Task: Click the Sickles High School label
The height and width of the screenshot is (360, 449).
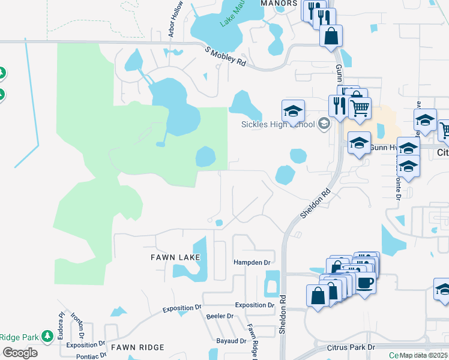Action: (278, 124)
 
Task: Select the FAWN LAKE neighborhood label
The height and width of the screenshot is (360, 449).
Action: (174, 257)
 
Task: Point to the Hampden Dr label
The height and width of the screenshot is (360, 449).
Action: (252, 262)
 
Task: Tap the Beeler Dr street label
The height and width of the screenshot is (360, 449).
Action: (219, 316)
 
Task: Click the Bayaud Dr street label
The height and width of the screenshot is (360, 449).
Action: (231, 341)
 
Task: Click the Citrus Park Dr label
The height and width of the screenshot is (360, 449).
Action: (351, 347)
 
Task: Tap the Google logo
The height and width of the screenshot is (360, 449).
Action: (20, 353)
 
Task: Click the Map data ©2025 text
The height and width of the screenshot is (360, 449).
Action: (424, 355)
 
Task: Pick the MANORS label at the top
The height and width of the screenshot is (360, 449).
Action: (279, 3)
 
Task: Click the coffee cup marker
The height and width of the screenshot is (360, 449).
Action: (366, 282)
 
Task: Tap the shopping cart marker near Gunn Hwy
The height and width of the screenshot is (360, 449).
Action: (360, 109)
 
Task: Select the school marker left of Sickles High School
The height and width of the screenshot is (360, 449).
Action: (294, 111)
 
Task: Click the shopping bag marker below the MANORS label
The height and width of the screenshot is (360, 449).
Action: (331, 36)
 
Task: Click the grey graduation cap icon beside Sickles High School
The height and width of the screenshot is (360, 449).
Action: (324, 124)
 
